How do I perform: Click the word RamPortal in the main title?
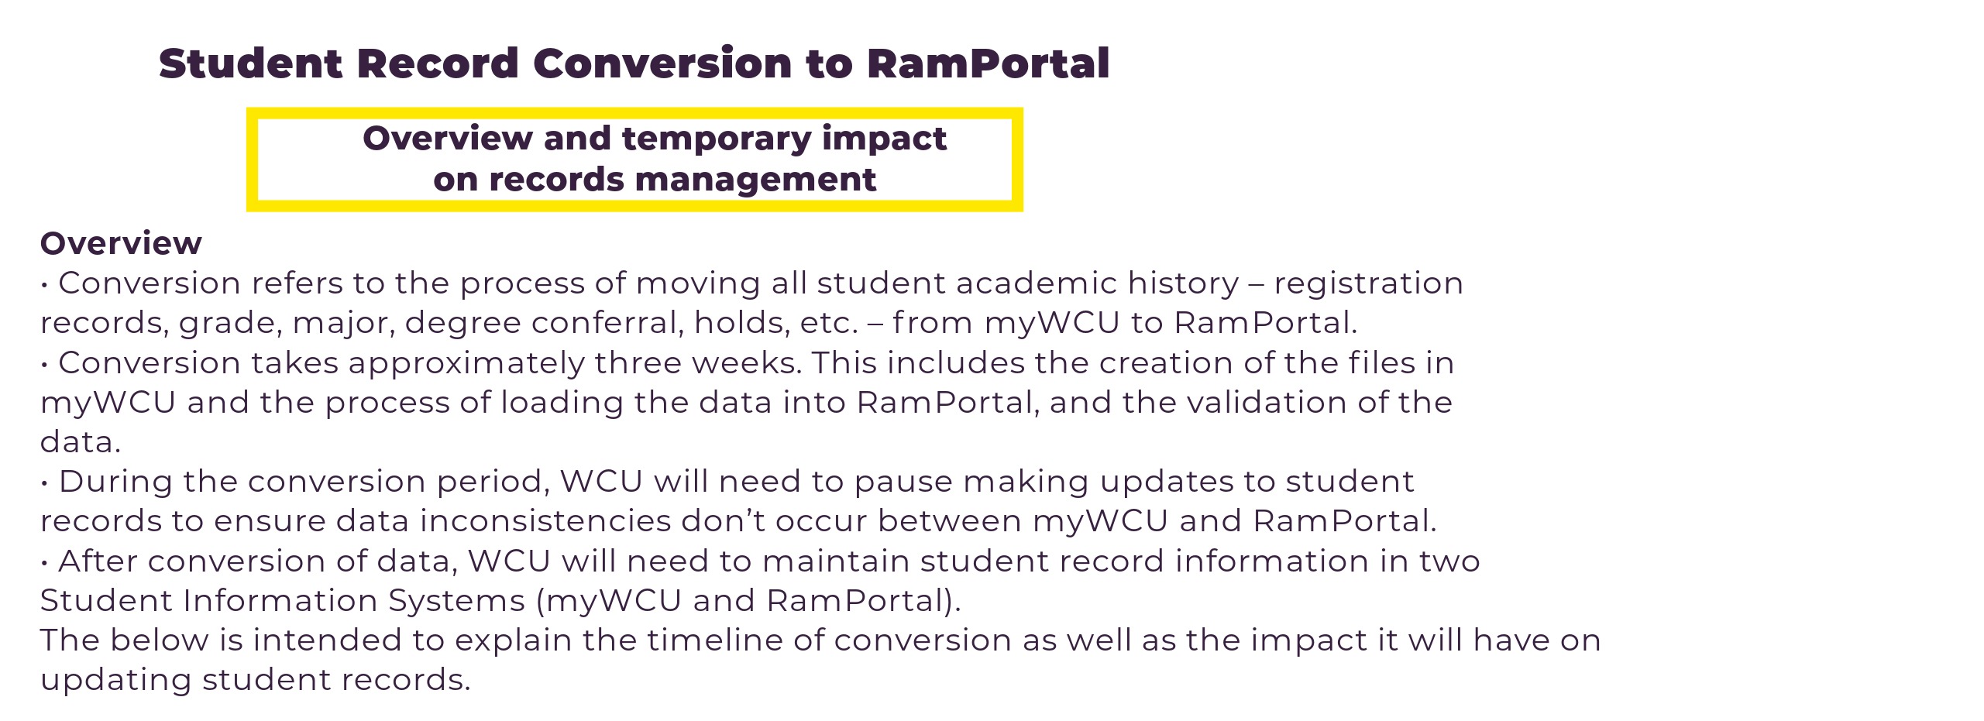click(x=988, y=64)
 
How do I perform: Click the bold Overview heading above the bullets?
click(x=121, y=243)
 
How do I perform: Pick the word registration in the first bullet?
click(x=1368, y=283)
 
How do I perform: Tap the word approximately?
click(x=466, y=364)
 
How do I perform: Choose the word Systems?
click(x=456, y=602)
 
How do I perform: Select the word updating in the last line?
click(x=116, y=681)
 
